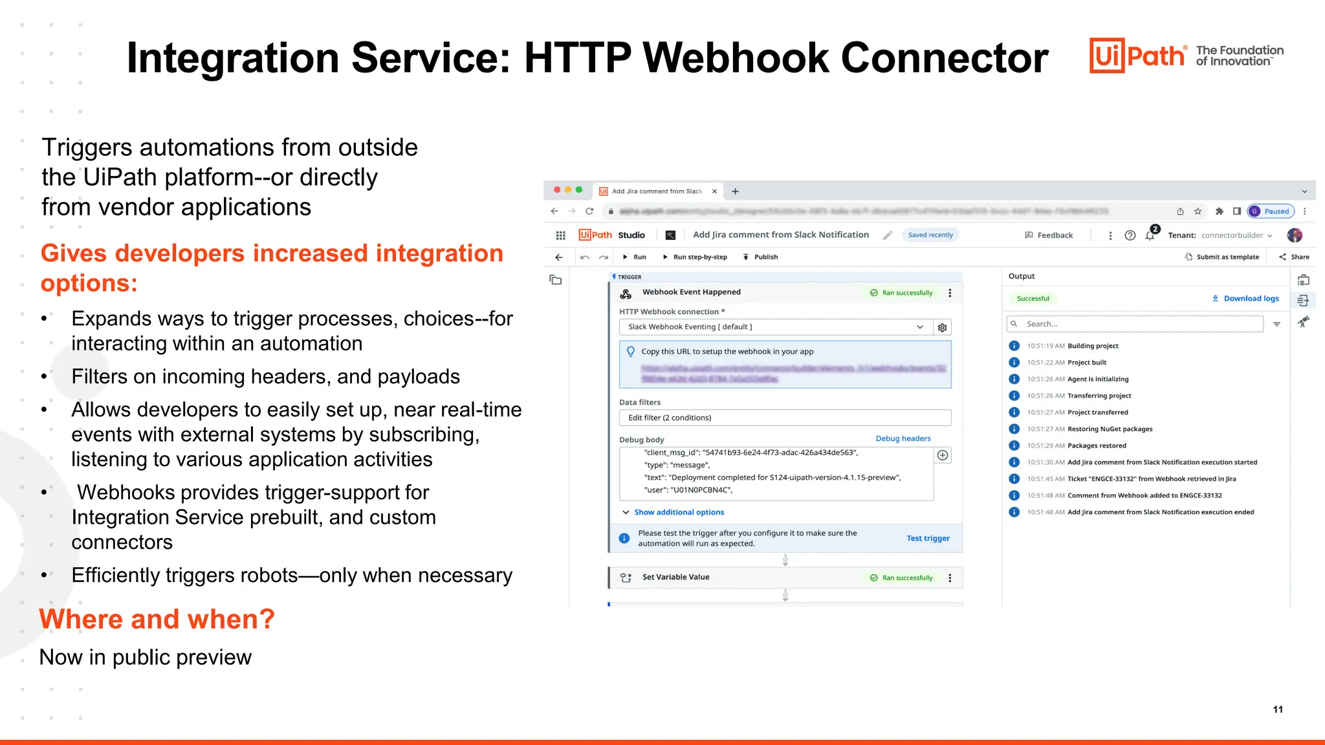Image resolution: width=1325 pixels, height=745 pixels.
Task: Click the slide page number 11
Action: point(1278,709)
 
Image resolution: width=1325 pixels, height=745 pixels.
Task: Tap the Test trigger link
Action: point(928,538)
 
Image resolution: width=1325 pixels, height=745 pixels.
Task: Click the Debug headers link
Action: point(903,438)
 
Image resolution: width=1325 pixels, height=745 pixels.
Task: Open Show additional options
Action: point(679,512)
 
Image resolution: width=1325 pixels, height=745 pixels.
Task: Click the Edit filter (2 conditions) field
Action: point(785,418)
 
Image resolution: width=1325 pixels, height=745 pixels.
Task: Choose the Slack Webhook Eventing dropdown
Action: point(775,327)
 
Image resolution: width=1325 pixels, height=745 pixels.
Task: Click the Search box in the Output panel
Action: point(1135,324)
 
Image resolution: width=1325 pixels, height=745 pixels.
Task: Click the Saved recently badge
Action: point(930,235)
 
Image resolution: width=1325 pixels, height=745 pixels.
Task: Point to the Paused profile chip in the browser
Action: point(1271,211)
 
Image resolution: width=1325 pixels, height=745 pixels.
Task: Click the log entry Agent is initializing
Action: point(1097,379)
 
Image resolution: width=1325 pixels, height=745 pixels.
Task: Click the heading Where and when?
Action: point(157,620)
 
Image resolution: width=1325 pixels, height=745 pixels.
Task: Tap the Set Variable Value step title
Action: point(675,577)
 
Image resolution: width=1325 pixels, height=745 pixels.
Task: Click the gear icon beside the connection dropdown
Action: point(943,328)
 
